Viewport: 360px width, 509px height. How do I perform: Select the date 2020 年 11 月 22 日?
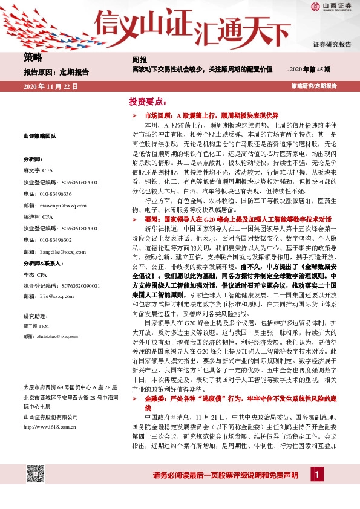coord(51,87)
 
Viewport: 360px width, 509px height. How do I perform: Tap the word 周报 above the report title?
coord(139,60)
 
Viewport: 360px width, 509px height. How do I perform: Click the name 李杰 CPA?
coord(38,274)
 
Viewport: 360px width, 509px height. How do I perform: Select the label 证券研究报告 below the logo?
coord(332,45)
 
